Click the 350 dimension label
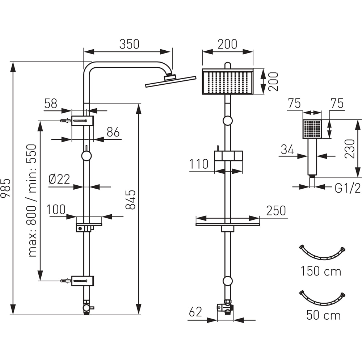point(129,44)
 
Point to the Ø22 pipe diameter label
point(59,179)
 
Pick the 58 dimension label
point(51,104)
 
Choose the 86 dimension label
point(113,132)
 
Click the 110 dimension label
point(199,164)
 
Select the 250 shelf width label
point(276,210)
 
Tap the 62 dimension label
point(195,312)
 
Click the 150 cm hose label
point(321,271)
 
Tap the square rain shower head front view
point(228,82)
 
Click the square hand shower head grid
point(312,128)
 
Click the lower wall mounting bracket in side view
point(83,281)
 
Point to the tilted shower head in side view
point(171,81)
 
